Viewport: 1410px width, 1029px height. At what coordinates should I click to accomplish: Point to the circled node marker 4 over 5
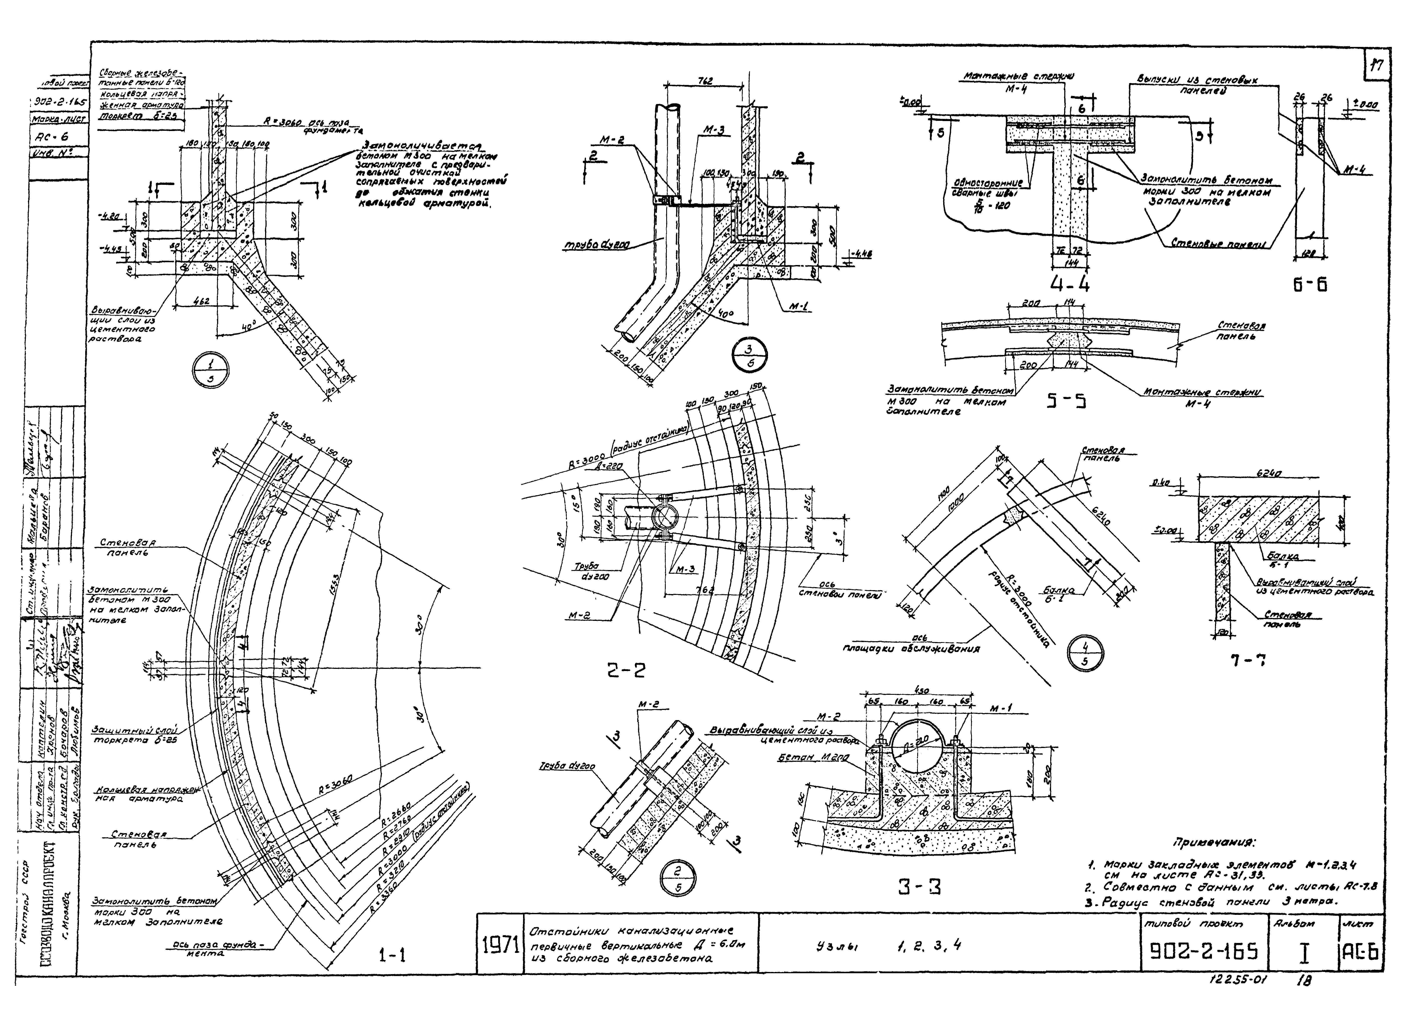coord(1085,654)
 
